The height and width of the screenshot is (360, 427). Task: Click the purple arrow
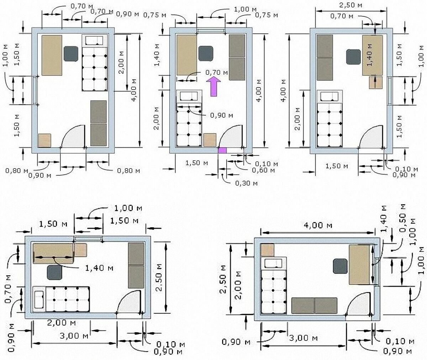[213, 86]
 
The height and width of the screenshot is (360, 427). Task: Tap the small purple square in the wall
[222, 150]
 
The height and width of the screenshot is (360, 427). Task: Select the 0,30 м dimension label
[246, 183]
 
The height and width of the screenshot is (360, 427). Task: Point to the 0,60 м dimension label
[263, 170]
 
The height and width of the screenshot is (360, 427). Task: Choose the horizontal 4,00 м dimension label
[318, 225]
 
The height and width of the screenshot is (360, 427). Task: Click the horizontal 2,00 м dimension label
[61, 323]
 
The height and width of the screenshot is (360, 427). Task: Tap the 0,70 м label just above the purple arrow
[217, 72]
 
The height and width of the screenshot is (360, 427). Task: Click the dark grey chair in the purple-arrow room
[206, 53]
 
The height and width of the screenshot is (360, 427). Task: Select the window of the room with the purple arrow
[211, 31]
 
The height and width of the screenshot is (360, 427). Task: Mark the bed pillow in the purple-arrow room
[189, 96]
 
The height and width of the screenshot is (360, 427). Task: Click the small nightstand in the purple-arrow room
[210, 140]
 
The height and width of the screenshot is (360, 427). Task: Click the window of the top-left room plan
[35, 91]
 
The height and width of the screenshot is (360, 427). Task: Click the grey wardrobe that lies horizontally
[314, 306]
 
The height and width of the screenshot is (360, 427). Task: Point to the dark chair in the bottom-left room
[54, 272]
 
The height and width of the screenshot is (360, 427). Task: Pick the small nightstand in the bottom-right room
[267, 250]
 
